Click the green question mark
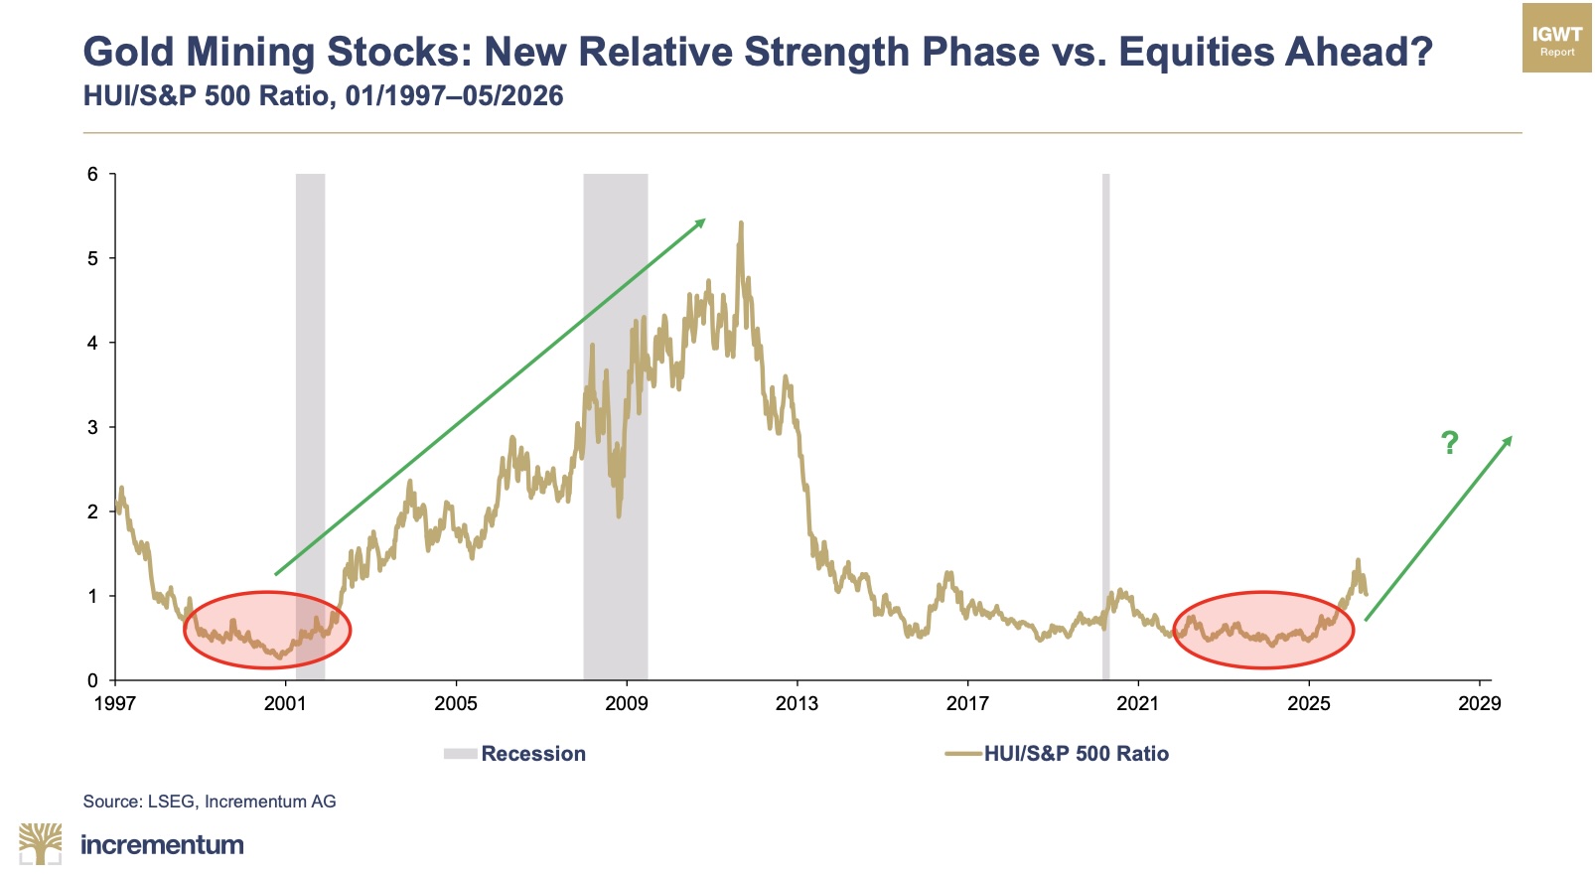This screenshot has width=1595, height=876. tap(1449, 443)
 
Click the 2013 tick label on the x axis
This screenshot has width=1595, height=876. tap(797, 704)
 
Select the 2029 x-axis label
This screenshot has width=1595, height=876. tap(1479, 704)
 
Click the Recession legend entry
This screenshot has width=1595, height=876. tap(514, 754)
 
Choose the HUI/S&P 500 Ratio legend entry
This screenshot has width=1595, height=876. tap(1057, 754)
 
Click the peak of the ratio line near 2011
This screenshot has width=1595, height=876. tap(741, 222)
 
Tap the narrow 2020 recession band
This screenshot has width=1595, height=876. tap(1105, 427)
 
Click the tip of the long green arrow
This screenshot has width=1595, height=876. tap(705, 219)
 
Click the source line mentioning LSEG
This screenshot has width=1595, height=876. tap(210, 802)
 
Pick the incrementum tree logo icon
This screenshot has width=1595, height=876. tap(40, 844)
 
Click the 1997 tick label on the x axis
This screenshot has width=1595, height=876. tap(114, 704)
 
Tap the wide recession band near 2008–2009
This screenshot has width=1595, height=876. tap(615, 427)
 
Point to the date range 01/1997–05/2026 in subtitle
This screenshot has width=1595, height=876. tap(454, 95)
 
